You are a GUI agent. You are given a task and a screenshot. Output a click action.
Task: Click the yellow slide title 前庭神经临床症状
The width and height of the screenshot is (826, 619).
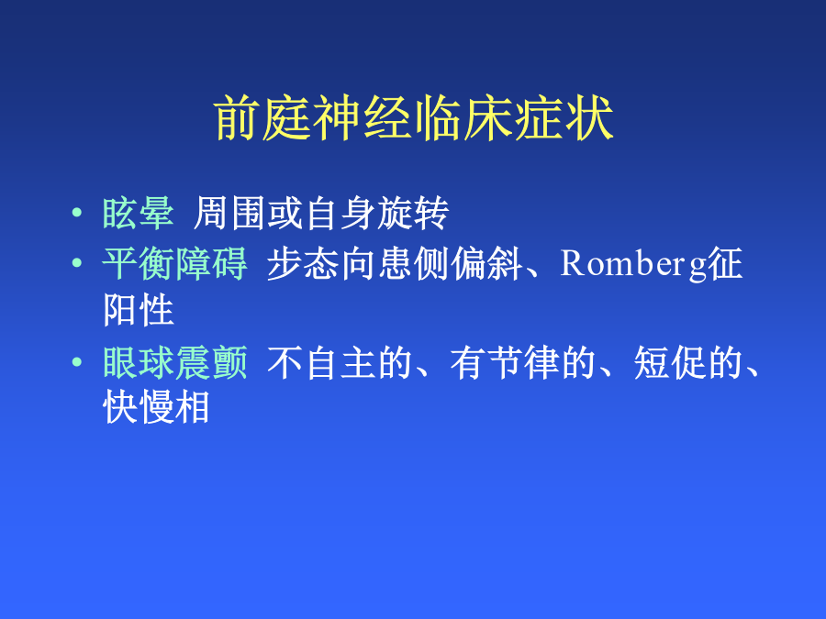click(414, 118)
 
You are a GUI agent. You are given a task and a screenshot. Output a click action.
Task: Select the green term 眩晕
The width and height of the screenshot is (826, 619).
click(138, 213)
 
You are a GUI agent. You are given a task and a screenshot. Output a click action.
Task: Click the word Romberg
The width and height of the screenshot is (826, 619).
click(633, 264)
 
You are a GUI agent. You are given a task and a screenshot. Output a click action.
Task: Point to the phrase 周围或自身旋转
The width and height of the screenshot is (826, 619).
click(321, 213)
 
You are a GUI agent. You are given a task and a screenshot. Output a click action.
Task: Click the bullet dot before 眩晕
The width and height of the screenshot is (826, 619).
click(77, 213)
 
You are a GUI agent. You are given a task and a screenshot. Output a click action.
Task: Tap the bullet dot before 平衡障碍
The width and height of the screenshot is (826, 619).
click(77, 262)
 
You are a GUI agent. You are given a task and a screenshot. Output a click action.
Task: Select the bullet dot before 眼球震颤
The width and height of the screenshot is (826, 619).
click(77, 361)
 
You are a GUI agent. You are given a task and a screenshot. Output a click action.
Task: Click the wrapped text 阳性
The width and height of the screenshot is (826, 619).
click(139, 310)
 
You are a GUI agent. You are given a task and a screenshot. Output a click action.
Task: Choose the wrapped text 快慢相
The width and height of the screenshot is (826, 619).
click(156, 407)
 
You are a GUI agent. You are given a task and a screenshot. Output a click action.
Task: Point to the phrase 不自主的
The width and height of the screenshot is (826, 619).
click(340, 362)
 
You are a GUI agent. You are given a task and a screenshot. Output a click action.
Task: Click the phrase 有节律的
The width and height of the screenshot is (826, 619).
click(523, 362)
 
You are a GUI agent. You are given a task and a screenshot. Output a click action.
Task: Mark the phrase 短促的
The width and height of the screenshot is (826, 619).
click(688, 362)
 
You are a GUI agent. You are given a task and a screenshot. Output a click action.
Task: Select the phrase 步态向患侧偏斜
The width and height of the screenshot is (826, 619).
click(395, 263)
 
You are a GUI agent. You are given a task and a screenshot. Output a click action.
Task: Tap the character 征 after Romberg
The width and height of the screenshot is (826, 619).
click(725, 263)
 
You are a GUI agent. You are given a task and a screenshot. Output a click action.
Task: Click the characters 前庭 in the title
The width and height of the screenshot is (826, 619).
click(262, 118)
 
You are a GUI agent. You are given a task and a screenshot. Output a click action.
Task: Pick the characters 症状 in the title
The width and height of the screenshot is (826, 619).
click(564, 118)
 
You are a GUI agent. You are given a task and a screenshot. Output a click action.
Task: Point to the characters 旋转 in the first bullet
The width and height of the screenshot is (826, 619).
click(413, 213)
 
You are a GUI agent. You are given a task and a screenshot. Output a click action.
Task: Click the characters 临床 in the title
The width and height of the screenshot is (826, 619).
click(463, 118)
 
